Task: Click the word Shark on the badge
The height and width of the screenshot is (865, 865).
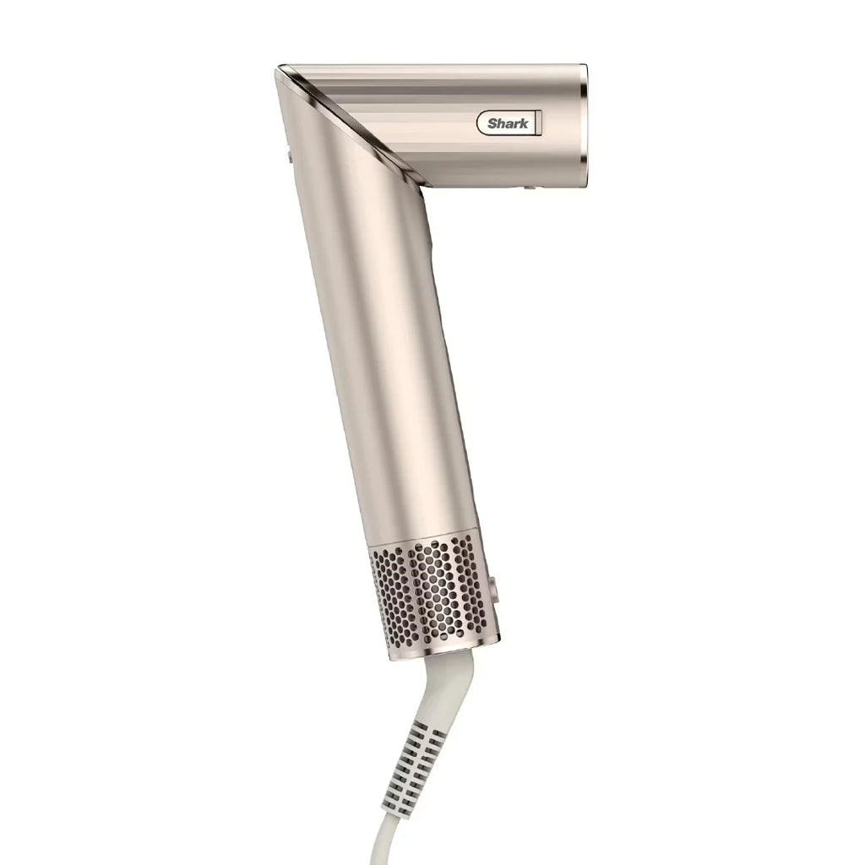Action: coord(508,124)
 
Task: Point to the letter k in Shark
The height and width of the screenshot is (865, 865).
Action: coord(524,124)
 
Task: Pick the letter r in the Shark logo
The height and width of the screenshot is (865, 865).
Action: coord(516,124)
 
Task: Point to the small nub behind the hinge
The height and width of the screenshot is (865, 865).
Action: coord(289,155)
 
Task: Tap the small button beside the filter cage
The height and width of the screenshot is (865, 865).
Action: coord(492,586)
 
